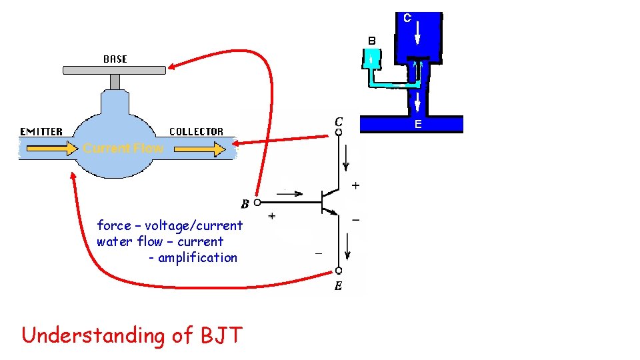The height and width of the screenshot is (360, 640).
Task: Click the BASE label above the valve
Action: [x=115, y=59]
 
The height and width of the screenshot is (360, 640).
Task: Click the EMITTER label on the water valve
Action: [x=41, y=131]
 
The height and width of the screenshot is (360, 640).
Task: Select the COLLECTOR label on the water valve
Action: [x=196, y=131]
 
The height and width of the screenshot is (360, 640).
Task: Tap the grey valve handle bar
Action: [x=114, y=69]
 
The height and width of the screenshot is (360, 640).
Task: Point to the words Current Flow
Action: [x=123, y=148]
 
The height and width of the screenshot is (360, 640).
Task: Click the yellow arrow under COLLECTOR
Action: [x=199, y=150]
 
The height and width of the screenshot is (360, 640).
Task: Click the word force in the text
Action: [x=114, y=225]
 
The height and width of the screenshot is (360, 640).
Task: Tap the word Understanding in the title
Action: [x=93, y=336]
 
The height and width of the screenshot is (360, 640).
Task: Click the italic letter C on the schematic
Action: [x=339, y=121]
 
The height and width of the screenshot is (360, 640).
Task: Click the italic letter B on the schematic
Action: [x=245, y=203]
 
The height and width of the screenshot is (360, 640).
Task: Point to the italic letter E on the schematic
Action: [x=338, y=286]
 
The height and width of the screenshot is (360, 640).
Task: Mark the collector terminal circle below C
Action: [x=339, y=132]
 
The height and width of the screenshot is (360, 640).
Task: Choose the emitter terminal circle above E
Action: [x=339, y=271]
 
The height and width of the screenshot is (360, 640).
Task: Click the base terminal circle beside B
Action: [x=257, y=201]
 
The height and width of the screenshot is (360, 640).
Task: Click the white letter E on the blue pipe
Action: [x=417, y=124]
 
